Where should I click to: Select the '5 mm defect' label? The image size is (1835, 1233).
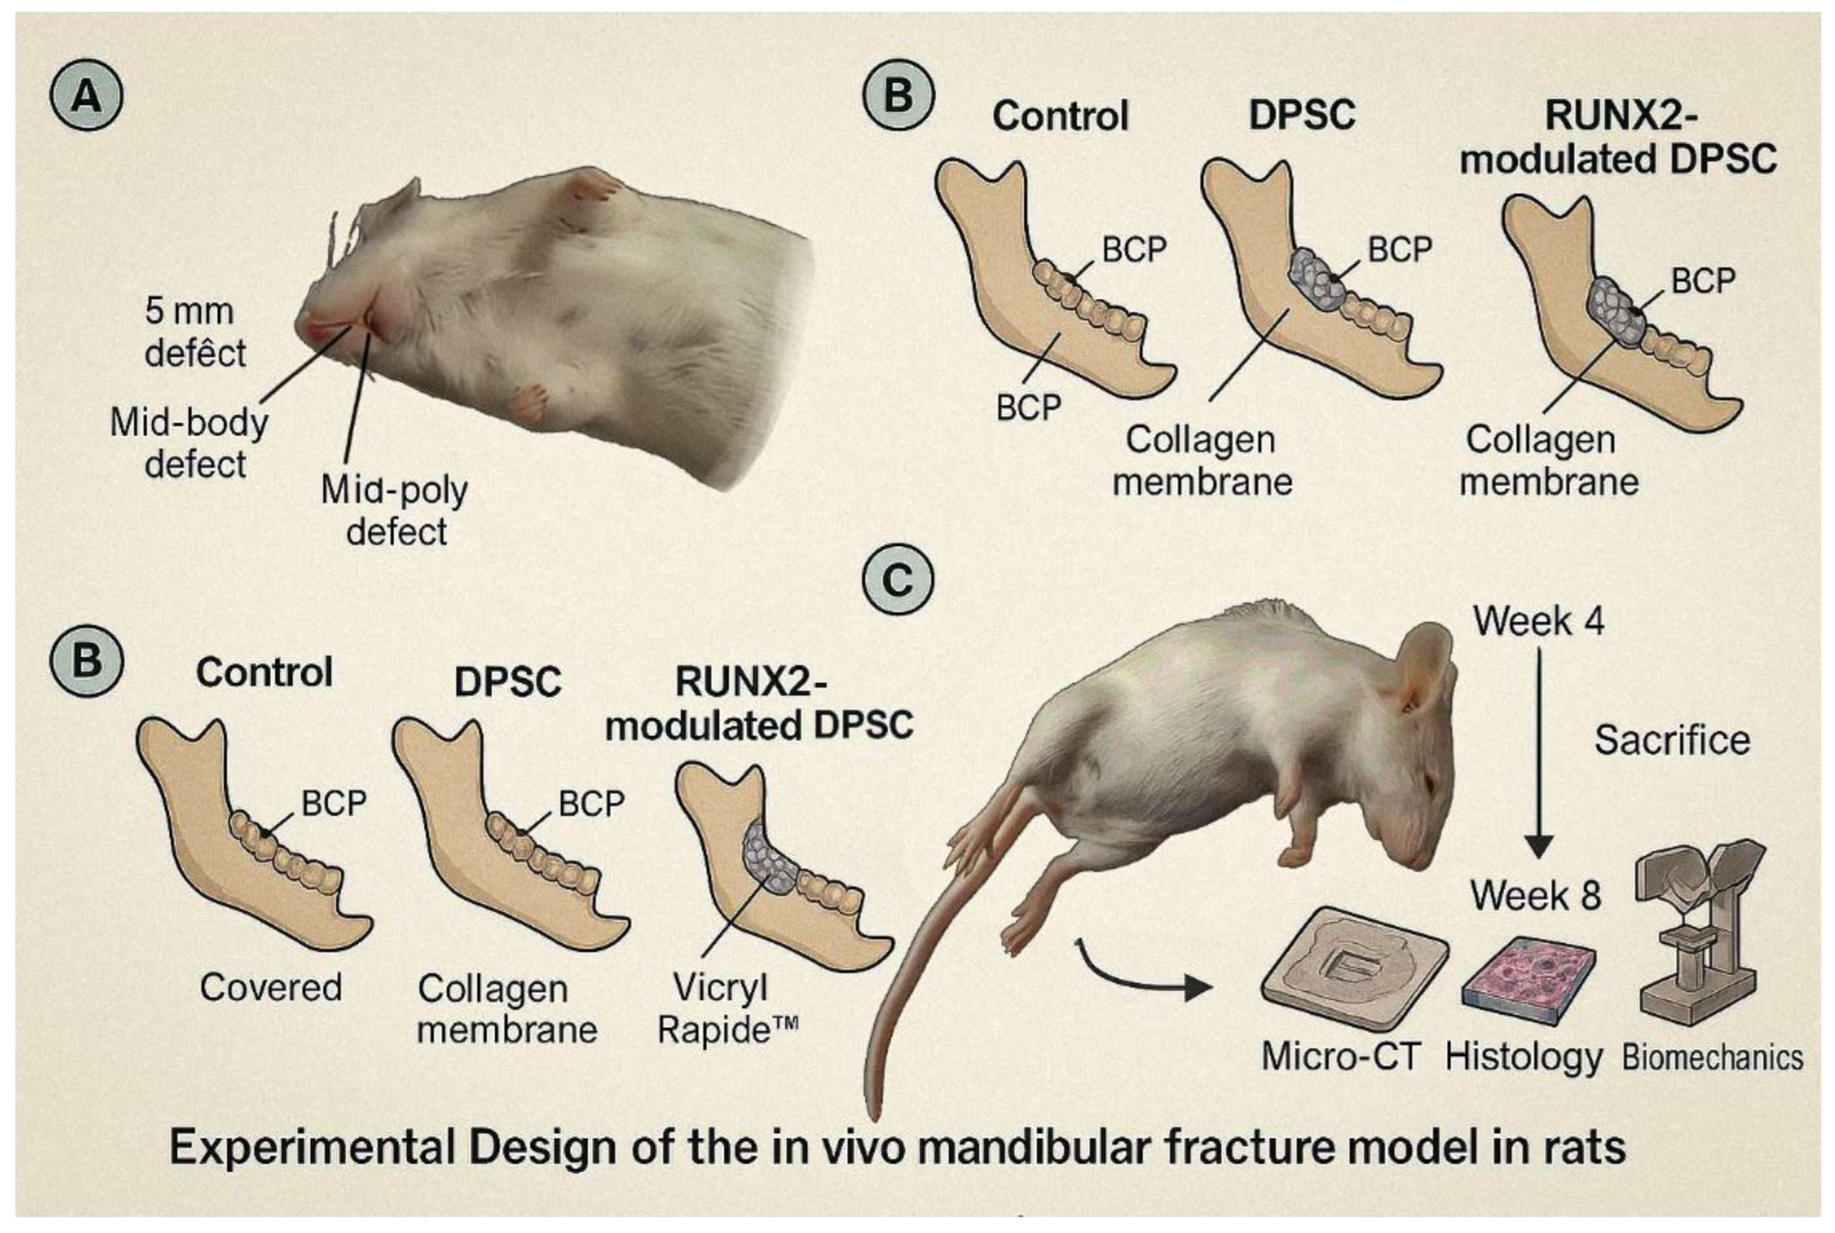[x=194, y=332]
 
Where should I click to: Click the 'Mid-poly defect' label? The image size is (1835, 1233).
[x=395, y=510]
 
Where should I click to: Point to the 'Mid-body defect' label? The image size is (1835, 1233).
[x=189, y=444]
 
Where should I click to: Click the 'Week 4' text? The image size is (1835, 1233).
[x=1538, y=621]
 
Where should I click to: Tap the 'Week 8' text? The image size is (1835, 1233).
[x=1535, y=896]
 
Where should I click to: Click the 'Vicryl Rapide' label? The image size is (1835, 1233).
[x=727, y=1008]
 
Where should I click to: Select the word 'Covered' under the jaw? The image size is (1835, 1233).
[x=270, y=988]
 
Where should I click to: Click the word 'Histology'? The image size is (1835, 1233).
[x=1524, y=1058]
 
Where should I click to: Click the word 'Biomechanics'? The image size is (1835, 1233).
[x=1712, y=1058]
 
